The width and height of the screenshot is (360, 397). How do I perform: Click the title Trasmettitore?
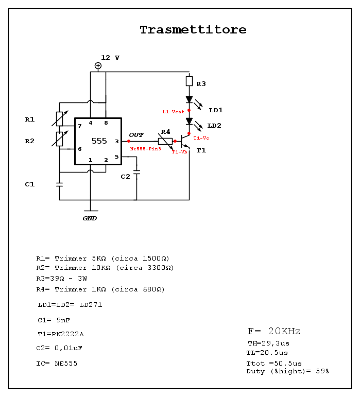tap(193, 30)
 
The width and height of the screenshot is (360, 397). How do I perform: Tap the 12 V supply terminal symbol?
tap(98, 65)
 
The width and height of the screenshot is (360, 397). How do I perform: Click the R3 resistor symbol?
tap(189, 81)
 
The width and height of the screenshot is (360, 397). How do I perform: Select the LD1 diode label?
tap(216, 110)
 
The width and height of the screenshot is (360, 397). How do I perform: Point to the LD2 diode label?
tap(214, 126)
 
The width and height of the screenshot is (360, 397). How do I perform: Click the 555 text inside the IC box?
tap(99, 141)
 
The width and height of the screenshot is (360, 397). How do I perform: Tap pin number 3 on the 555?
tap(116, 141)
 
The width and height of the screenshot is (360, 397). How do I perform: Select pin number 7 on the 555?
tap(79, 126)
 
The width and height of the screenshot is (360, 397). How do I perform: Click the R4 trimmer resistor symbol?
tap(165, 141)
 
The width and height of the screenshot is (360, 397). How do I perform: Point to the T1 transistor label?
tap(201, 150)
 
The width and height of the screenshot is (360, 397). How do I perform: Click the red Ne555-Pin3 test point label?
tap(145, 148)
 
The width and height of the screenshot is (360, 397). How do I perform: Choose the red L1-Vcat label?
tap(173, 112)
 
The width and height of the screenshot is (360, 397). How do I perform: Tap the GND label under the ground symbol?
tap(90, 218)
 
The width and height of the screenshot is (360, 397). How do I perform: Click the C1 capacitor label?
tap(30, 184)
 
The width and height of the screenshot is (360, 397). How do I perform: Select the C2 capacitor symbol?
tap(136, 173)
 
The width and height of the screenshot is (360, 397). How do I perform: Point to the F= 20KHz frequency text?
tap(273, 331)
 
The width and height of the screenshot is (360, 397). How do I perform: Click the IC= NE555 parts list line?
tap(57, 364)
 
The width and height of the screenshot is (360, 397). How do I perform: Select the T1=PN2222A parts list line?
tap(61, 334)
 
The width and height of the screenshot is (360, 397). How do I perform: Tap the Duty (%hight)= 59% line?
tap(287, 371)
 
